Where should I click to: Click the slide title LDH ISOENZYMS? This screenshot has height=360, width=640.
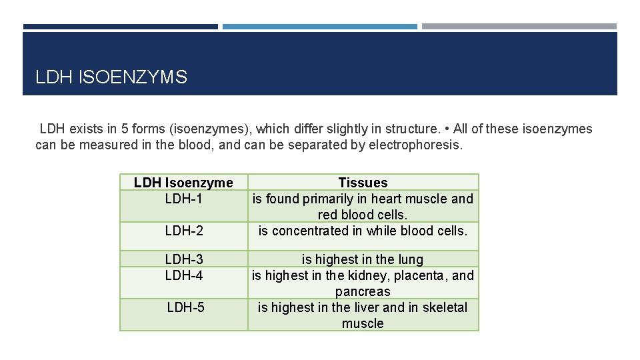[111, 77]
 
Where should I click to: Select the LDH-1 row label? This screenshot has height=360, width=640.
[184, 199]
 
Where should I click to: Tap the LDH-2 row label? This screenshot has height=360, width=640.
[184, 231]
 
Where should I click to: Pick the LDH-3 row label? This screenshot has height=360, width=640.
[184, 259]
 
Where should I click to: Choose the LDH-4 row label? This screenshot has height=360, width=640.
[184, 275]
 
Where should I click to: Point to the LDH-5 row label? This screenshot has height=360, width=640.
[186, 307]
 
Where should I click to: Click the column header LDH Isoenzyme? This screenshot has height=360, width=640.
[183, 183]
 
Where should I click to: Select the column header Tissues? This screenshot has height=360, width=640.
[363, 183]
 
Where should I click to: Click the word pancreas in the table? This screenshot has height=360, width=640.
[363, 291]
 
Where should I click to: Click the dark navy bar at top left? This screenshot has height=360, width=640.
[120, 27]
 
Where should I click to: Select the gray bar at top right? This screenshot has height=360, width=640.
[519, 27]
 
